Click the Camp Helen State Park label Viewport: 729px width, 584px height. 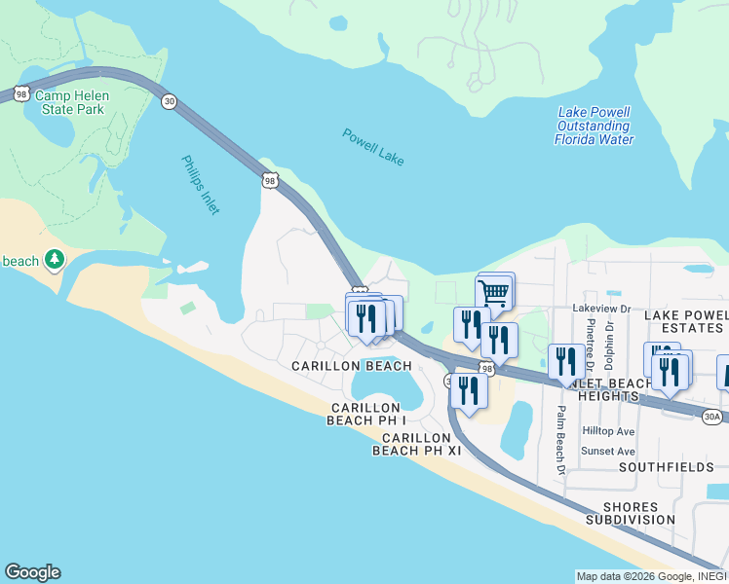71,102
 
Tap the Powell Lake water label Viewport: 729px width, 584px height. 372,147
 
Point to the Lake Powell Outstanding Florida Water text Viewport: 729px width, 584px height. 594,126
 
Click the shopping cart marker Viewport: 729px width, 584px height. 494,291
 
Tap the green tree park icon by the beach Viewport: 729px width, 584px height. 56,259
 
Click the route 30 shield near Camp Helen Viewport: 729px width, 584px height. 169,102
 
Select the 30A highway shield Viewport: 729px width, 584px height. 712,417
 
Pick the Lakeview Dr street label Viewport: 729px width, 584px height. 601,308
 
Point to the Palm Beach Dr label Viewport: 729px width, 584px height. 561,439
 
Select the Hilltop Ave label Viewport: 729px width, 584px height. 608,431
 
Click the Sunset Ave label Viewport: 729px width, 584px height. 608,452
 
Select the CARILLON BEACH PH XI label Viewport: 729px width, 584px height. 416,443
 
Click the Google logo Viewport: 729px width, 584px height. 32,572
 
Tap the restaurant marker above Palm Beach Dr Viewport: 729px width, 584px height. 565,361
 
